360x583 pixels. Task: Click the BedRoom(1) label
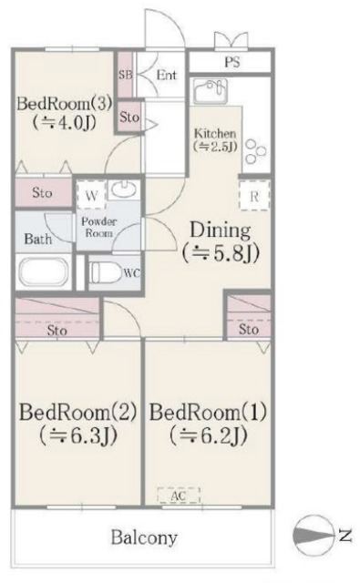coord(208,413)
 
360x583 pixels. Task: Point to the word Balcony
coord(144,537)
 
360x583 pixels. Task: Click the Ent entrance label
coord(167,76)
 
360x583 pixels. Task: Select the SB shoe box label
coord(127,75)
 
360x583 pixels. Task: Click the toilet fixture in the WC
coord(108,272)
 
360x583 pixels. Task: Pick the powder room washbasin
coord(123,191)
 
